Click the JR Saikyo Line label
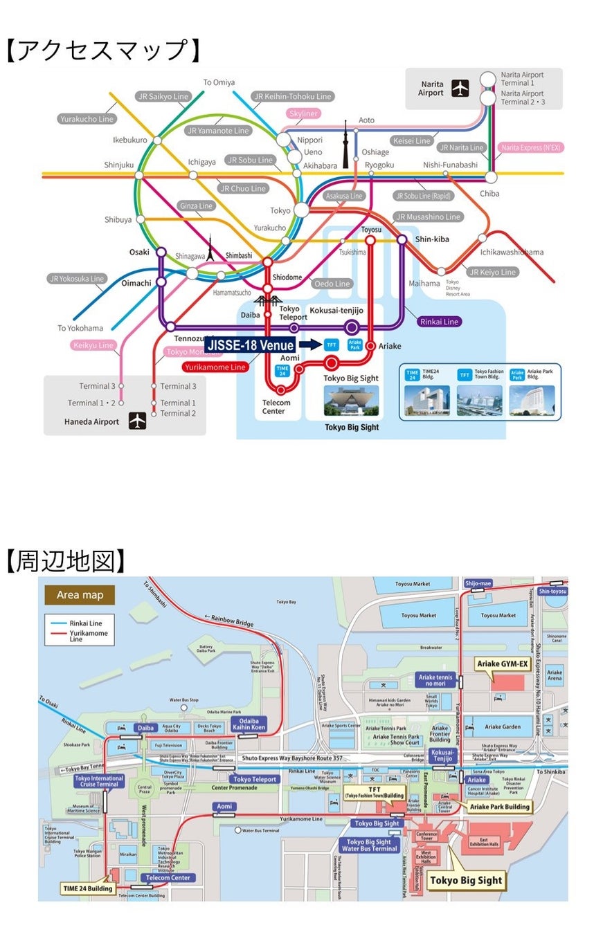(x=161, y=96)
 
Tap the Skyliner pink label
(x=303, y=113)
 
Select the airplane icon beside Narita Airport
(x=460, y=89)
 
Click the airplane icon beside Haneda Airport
(x=138, y=421)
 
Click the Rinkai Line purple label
(x=440, y=322)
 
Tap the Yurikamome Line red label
(x=215, y=367)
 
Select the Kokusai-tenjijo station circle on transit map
(x=352, y=327)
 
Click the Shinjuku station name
(x=118, y=165)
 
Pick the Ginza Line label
(x=197, y=206)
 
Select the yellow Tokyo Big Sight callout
(x=465, y=881)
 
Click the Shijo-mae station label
(x=478, y=583)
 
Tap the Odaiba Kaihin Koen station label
(x=249, y=724)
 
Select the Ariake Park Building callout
(x=500, y=806)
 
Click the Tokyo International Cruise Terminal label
(x=99, y=781)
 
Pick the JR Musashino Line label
(x=429, y=217)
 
